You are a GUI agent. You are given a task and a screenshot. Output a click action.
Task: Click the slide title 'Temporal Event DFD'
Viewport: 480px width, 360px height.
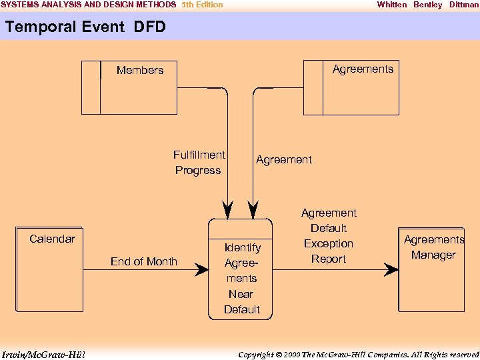pos(85,27)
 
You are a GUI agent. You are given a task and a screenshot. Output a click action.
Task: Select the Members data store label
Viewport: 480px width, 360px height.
pos(140,70)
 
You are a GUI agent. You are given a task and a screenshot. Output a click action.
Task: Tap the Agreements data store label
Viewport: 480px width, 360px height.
pos(363,69)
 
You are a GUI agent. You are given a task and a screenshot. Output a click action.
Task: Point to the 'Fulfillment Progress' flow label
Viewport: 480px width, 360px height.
pos(199,163)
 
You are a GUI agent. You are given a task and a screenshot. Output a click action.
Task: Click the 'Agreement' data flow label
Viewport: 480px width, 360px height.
pos(283,160)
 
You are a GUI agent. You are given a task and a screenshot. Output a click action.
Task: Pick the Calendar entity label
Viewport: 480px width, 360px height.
pos(52,239)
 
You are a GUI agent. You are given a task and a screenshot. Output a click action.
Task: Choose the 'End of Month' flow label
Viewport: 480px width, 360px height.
pos(144,261)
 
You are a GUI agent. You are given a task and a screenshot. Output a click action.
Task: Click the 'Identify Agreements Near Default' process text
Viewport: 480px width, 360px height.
pos(241,279)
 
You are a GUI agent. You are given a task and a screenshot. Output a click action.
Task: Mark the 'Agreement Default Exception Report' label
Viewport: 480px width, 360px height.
pos(329,236)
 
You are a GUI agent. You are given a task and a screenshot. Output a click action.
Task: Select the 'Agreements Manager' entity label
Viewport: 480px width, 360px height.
pos(434,247)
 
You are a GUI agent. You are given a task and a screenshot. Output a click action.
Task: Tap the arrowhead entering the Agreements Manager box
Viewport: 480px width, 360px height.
pos(391,269)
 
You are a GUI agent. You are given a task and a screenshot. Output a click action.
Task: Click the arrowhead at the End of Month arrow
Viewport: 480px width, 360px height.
pos(202,270)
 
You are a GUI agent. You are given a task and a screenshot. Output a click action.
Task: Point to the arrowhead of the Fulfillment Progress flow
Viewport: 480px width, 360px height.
pos(229,209)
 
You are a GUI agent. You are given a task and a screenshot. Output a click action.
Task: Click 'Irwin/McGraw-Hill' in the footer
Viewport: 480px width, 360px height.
pos(43,354)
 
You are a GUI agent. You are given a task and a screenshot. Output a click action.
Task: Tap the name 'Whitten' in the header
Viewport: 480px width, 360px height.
pos(391,5)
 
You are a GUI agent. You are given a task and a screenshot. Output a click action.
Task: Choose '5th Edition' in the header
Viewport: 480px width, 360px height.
pos(202,5)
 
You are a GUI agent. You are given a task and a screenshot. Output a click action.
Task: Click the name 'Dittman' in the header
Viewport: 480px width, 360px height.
pos(464,5)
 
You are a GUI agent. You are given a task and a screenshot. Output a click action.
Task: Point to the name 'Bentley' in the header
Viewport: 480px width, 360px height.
pos(427,5)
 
